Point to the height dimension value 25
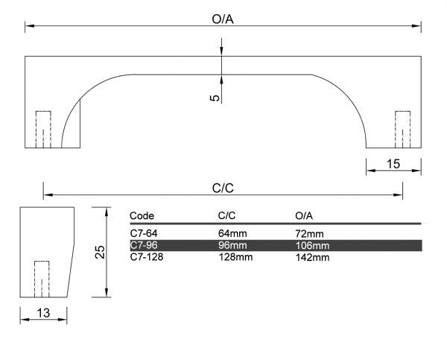coord(100,253)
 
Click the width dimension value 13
coord(43,314)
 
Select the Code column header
coord(142,215)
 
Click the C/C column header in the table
coord(226,215)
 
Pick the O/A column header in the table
coord(304,215)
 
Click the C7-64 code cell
coord(142,234)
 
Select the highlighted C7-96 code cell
coord(142,245)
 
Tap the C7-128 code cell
coord(145,257)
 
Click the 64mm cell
coord(232,234)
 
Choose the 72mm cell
coord(309,234)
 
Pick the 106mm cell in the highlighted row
coord(312,245)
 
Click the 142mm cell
coord(312,257)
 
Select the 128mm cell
coord(235,257)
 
